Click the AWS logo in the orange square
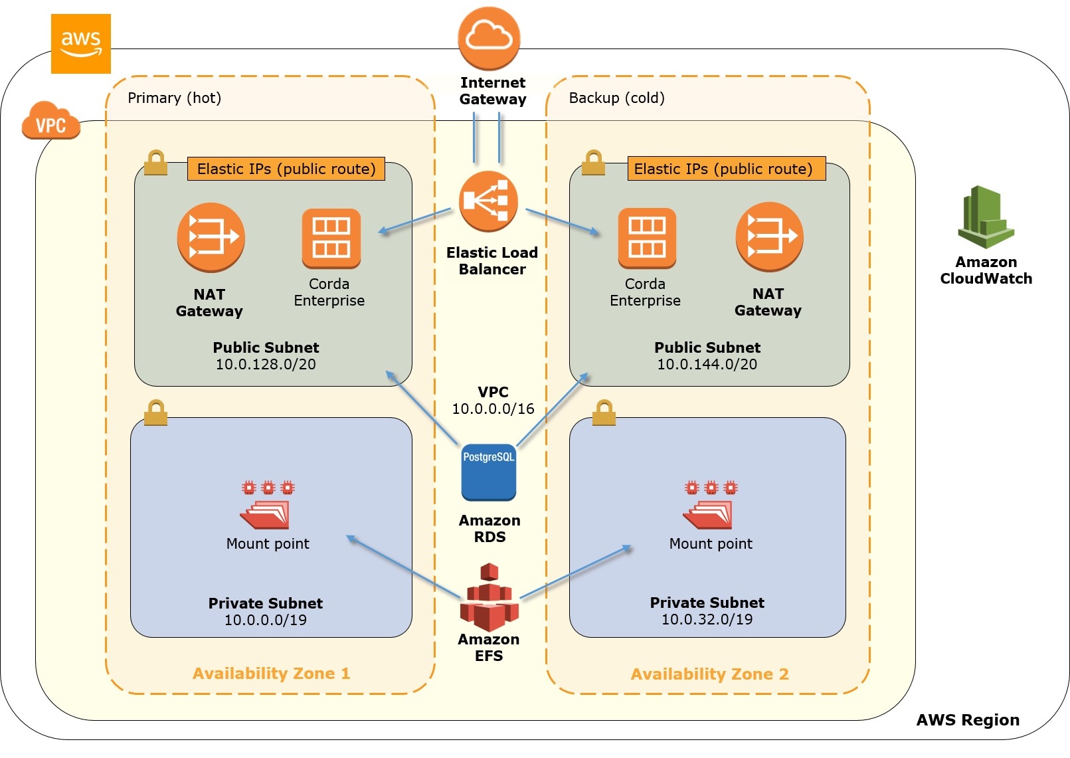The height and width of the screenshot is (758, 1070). click(x=80, y=43)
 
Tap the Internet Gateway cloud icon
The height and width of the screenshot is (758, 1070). click(x=489, y=38)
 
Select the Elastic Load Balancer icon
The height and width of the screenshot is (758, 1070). click(x=489, y=201)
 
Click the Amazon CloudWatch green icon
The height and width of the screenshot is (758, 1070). click(x=986, y=217)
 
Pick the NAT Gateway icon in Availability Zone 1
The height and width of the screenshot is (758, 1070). click(x=211, y=237)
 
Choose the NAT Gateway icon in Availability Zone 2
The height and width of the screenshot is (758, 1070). click(x=769, y=237)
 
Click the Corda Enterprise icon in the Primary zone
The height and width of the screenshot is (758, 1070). click(x=331, y=238)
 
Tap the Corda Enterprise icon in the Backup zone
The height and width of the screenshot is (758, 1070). click(x=646, y=238)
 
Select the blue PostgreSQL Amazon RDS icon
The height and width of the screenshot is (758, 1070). click(x=489, y=472)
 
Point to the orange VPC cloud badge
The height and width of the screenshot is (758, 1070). click(x=50, y=121)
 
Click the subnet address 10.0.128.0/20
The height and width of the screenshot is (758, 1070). click(x=266, y=364)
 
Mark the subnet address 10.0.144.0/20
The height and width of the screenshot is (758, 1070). click(x=707, y=364)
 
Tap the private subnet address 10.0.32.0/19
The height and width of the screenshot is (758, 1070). click(x=707, y=619)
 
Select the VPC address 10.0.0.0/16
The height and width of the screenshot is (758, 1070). click(x=493, y=409)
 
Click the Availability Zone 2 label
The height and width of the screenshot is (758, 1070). click(x=709, y=674)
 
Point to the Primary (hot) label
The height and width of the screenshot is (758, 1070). click(x=174, y=98)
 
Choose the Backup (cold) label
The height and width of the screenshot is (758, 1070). click(x=616, y=98)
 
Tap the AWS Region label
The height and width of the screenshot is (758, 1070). click(x=967, y=720)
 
